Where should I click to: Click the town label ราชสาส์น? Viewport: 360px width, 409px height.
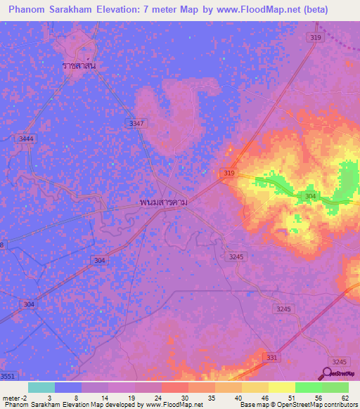click(79, 65)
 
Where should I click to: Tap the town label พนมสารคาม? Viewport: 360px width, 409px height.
click(167, 202)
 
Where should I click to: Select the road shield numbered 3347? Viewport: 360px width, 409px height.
click(137, 123)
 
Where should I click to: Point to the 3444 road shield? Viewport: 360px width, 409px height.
click(27, 139)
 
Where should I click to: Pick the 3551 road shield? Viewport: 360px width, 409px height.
click(8, 377)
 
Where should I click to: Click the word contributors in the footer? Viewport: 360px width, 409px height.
click(333, 404)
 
